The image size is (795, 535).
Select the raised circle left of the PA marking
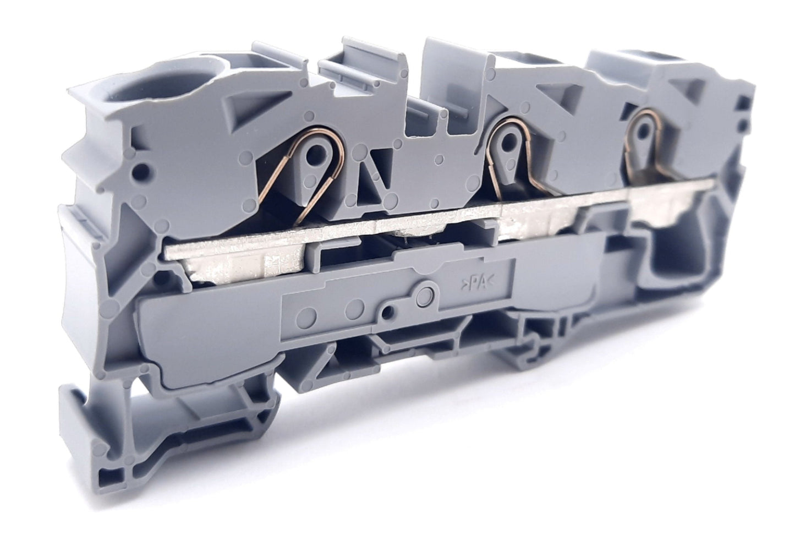425,296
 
